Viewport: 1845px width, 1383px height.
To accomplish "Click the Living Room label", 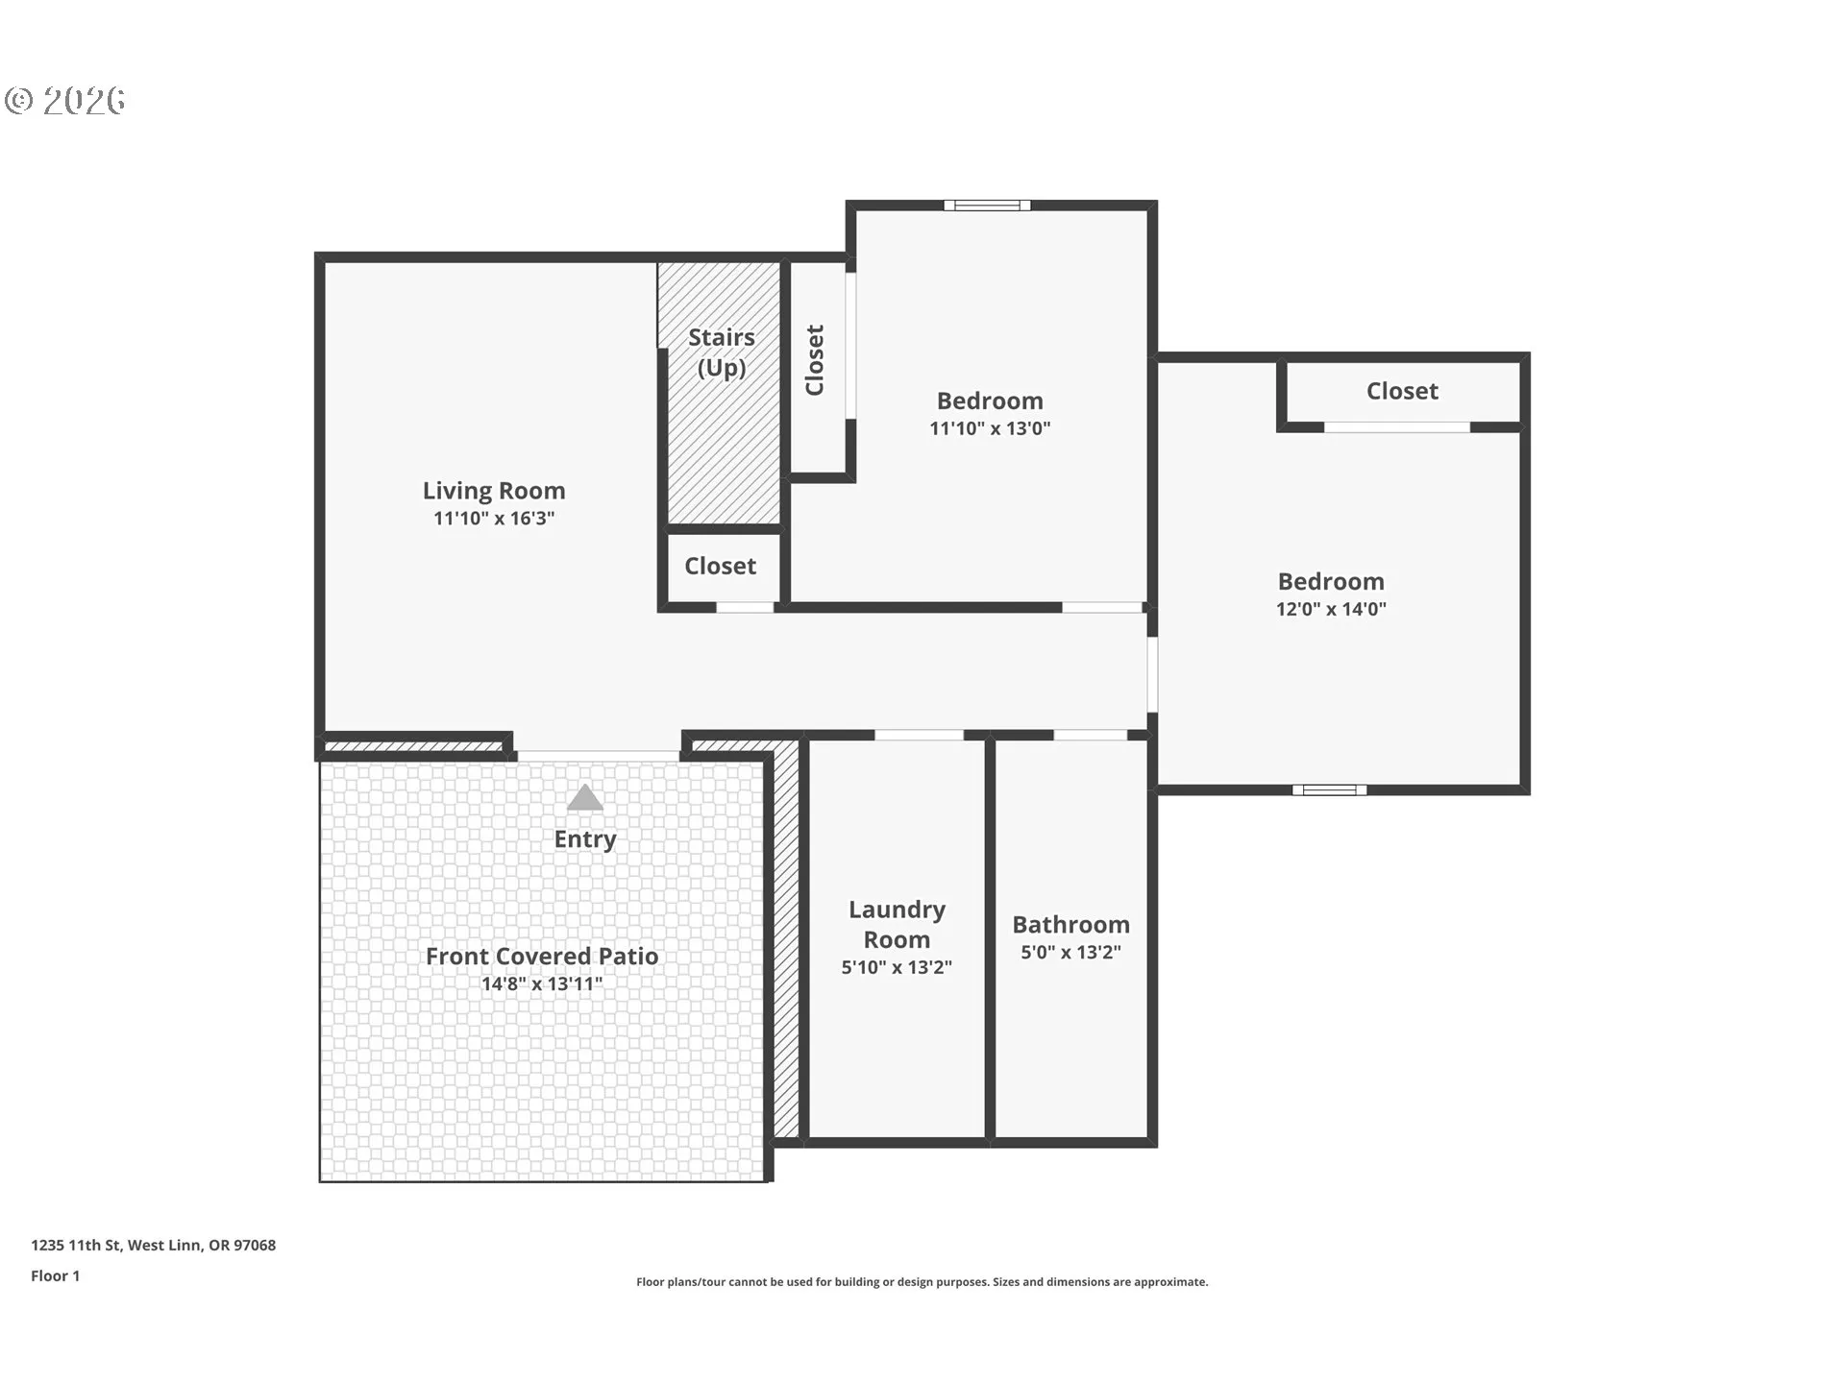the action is tap(494, 491).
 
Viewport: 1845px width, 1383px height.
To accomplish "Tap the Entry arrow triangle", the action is tap(584, 798).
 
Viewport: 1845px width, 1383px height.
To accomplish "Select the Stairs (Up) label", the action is tap(722, 352).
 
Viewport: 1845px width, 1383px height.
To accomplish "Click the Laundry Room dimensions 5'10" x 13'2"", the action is tap(897, 967).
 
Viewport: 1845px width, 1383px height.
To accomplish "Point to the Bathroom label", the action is tap(1070, 925).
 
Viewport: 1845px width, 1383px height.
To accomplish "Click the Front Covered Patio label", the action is tap(542, 956).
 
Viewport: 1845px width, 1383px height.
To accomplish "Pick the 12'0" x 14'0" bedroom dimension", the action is tap(1331, 609).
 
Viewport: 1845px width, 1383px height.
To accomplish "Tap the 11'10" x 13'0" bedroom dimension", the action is tap(990, 428).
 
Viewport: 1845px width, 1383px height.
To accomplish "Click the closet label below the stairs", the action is tap(720, 566).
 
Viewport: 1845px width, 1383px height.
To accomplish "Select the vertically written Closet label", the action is tap(815, 360).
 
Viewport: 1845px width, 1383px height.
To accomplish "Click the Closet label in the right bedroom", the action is tap(1402, 391).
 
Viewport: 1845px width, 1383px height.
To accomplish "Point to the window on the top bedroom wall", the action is tap(987, 205).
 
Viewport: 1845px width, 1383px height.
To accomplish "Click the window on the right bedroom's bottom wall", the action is tap(1329, 789).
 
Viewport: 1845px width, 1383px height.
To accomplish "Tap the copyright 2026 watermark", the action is tap(64, 101).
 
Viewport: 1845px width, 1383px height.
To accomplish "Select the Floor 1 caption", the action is tap(56, 1275).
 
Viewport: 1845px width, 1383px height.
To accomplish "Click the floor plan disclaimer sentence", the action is tap(922, 1281).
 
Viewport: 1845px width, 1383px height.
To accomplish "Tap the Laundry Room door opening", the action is tap(919, 735).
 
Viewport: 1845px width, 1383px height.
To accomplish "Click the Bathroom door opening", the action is tap(1091, 735).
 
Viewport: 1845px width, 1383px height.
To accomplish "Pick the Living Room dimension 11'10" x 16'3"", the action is tap(494, 519).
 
